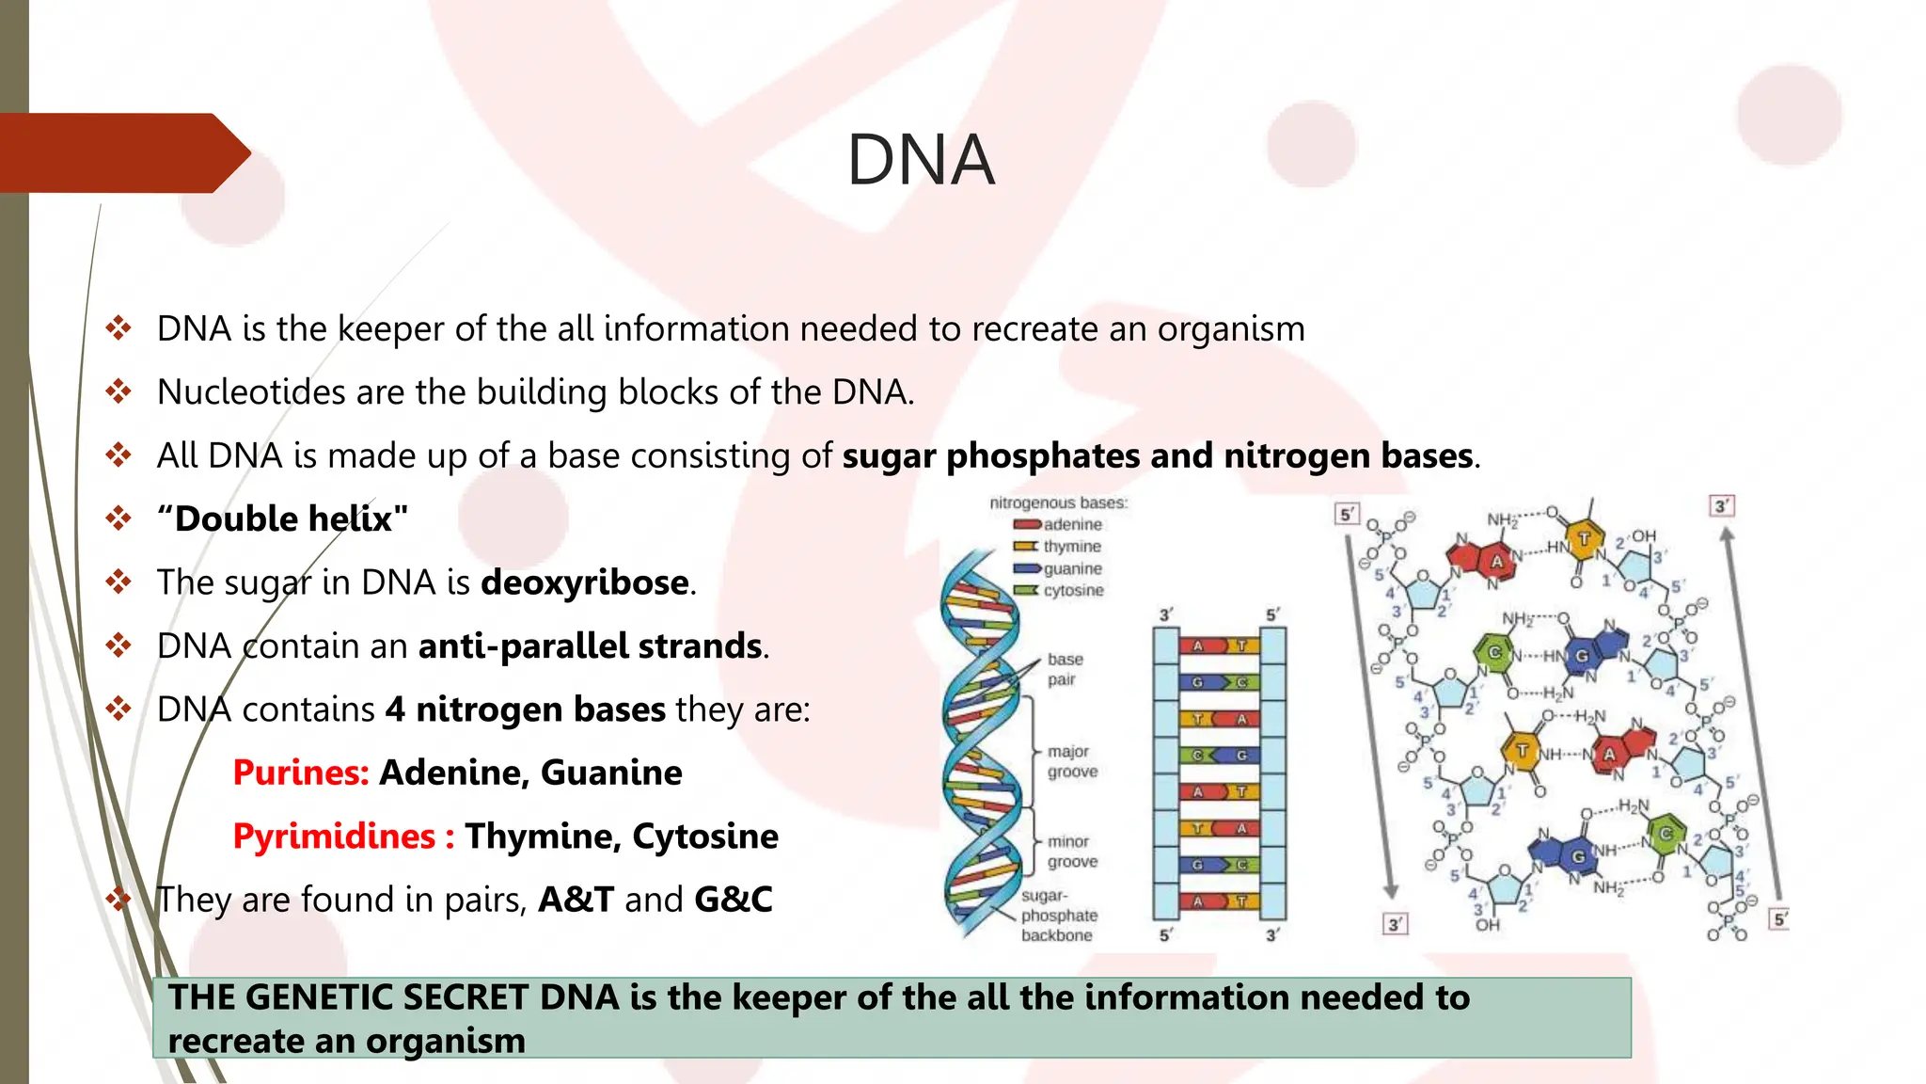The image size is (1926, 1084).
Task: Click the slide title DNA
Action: click(x=921, y=160)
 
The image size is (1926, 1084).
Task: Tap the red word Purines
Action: click(x=300, y=773)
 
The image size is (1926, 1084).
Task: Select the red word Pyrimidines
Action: click(x=334, y=837)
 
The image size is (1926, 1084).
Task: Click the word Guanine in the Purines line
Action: click(x=611, y=773)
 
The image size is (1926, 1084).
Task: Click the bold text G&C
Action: click(x=734, y=900)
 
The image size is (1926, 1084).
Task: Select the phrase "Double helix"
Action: click(x=282, y=518)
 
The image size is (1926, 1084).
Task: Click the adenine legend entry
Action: click(x=1072, y=524)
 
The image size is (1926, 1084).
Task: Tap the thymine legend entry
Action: click(x=1072, y=547)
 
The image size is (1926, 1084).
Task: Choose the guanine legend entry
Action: click(x=1072, y=569)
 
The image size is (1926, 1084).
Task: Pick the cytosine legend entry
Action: click(x=1073, y=591)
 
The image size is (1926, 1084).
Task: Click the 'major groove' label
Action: click(x=1072, y=761)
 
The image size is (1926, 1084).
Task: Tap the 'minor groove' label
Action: click(x=1072, y=852)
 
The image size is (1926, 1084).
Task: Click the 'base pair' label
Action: click(x=1065, y=669)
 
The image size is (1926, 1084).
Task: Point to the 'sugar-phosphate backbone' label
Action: click(x=1059, y=916)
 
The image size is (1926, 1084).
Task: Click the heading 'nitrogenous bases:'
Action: click(x=1058, y=503)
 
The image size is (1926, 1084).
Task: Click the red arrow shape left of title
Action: click(x=122, y=153)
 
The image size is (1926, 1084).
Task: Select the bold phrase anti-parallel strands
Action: click(x=590, y=646)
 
